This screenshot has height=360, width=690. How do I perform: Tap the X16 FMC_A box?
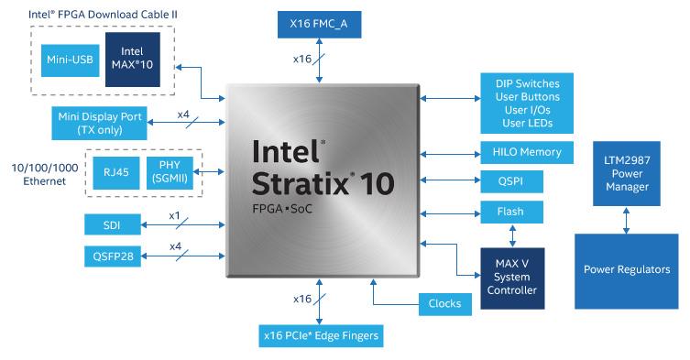(319, 24)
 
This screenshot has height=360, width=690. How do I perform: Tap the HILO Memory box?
(527, 152)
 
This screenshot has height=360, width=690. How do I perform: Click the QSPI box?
(511, 181)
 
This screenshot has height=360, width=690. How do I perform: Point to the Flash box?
(511, 212)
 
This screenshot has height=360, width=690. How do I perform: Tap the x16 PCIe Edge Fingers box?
(319, 336)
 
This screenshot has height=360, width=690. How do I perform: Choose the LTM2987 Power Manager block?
(627, 173)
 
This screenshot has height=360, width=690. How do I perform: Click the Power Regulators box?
(627, 270)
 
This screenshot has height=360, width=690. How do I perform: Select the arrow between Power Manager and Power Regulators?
(627, 219)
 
